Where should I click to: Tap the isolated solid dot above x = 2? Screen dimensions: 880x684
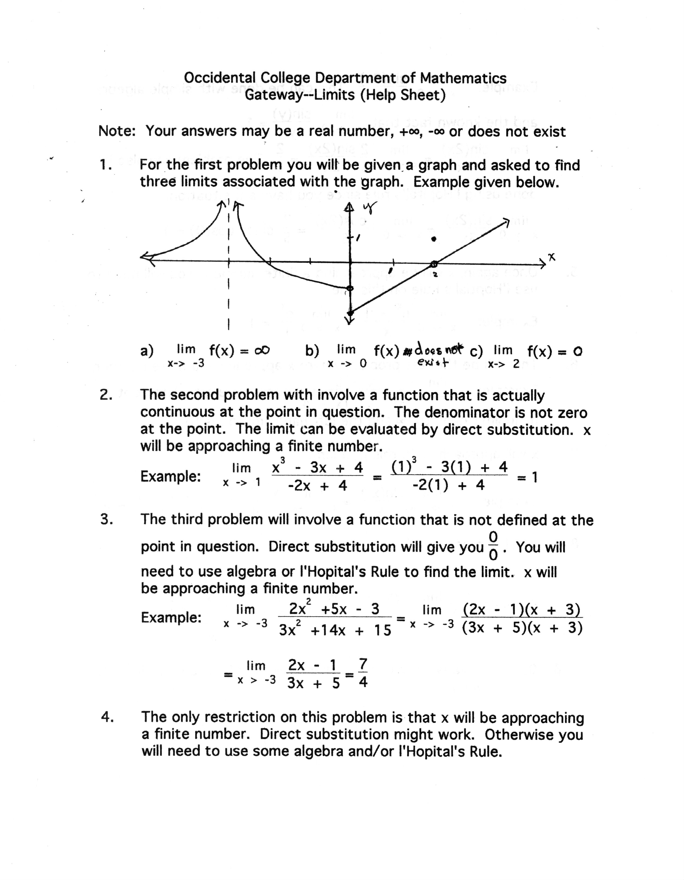pos(434,239)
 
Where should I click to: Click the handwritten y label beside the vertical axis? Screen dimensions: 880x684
pos(369,208)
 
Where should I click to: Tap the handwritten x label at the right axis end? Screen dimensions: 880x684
pos(551,257)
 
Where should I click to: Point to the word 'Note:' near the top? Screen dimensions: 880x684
pos(117,131)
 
